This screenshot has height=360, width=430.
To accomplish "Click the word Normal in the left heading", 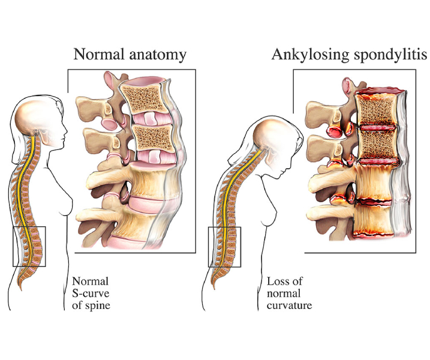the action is click(100, 54).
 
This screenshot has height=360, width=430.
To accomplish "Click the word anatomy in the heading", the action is click(158, 55).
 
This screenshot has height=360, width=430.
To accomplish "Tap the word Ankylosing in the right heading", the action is click(311, 55).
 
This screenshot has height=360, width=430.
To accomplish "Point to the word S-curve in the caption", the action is click(91, 293).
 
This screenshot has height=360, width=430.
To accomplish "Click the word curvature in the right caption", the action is click(289, 305).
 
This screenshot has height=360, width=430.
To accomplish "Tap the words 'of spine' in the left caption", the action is click(91, 305).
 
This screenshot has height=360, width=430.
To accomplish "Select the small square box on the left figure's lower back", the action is click(29, 246).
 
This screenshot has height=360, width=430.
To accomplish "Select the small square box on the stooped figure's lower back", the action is click(225, 247).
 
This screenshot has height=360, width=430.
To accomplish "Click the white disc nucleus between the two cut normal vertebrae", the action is click(151, 119).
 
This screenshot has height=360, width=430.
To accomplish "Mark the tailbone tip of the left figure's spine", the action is click(20, 289).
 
